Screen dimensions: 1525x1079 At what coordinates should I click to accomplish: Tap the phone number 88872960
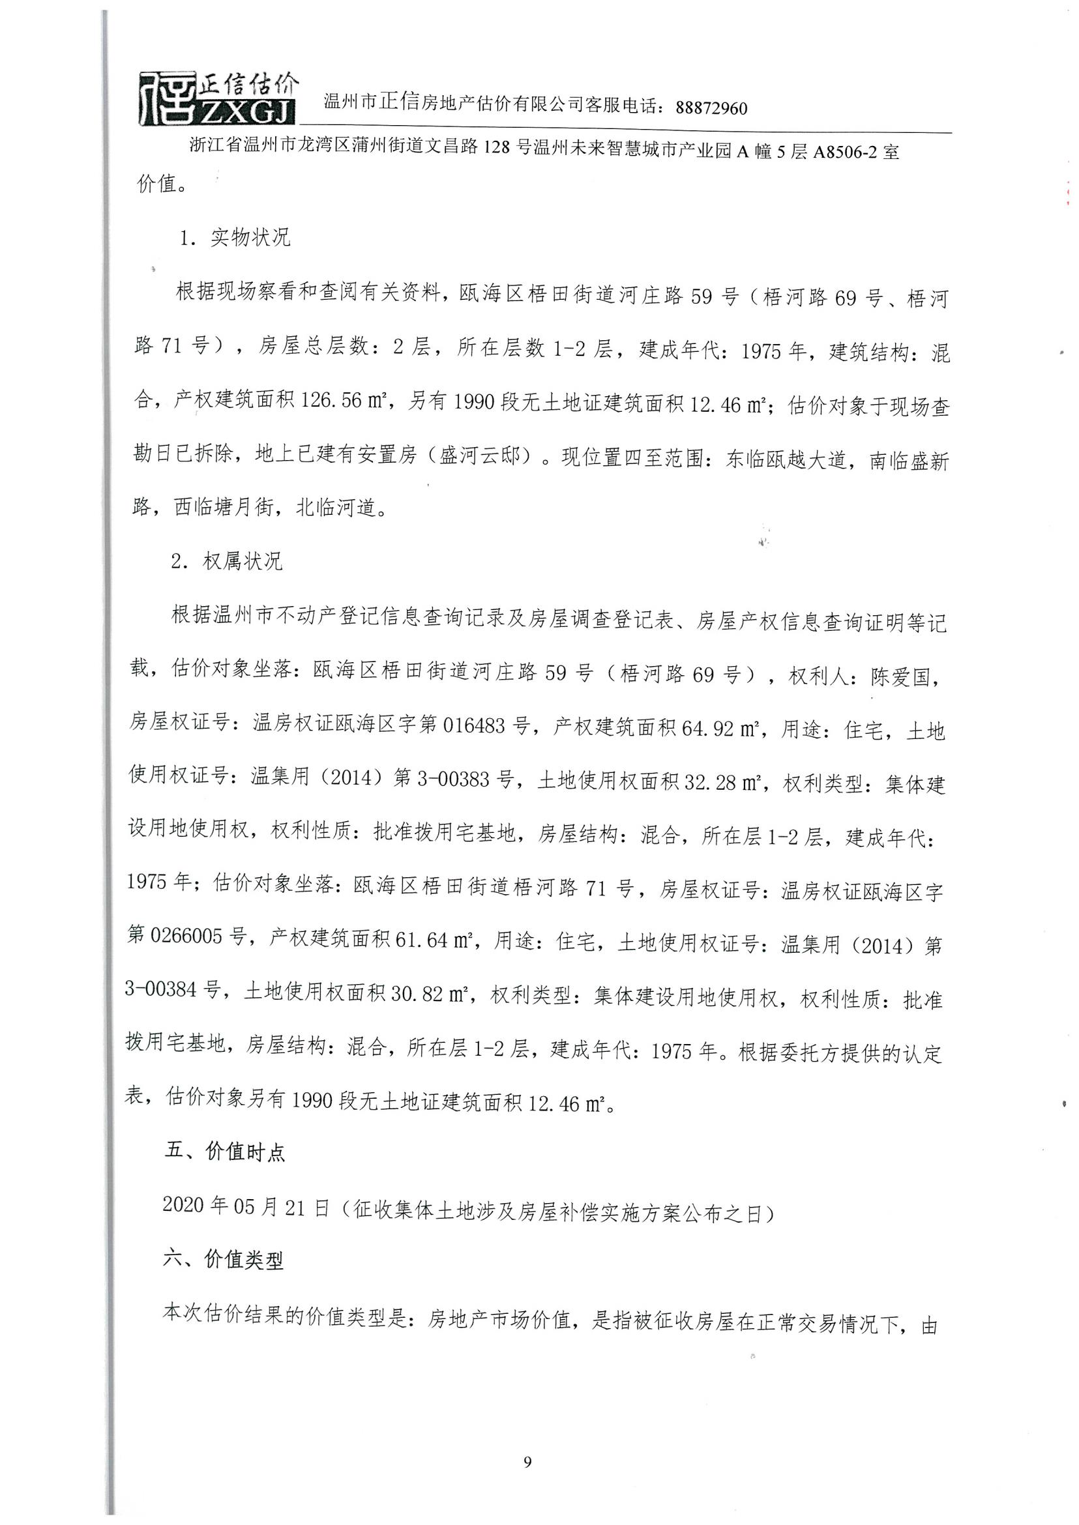711,108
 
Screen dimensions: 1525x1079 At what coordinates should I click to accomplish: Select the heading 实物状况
250,237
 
